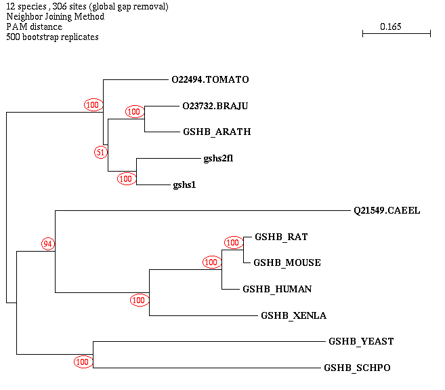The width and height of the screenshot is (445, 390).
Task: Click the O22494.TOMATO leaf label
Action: pyautogui.click(x=210, y=79)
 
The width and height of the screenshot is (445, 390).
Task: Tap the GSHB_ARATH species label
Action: pyautogui.click(x=217, y=132)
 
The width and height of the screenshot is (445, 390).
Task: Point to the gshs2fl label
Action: pyautogui.click(x=218, y=158)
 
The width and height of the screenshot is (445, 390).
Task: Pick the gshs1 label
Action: pyautogui.click(x=184, y=184)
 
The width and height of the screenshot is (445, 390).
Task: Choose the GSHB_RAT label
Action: pyautogui.click(x=281, y=237)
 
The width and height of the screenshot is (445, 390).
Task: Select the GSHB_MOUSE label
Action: pyautogui.click(x=287, y=262)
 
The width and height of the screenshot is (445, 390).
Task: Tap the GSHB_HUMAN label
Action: pyautogui.click(x=277, y=289)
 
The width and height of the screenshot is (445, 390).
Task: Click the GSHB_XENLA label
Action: pyautogui.click(x=293, y=315)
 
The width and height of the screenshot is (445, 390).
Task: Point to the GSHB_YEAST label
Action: pyautogui.click(x=361, y=341)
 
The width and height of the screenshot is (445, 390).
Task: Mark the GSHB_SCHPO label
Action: pyautogui.click(x=357, y=368)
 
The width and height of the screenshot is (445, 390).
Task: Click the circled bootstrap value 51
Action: pyautogui.click(x=101, y=152)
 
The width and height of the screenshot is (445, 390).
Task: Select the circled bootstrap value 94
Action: pyautogui.click(x=48, y=243)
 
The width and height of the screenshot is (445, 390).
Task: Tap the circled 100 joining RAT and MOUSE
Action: pyautogui.click(x=233, y=242)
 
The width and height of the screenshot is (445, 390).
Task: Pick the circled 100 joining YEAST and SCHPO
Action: pyautogui.click(x=83, y=362)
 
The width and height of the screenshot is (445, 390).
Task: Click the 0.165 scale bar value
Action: pyautogui.click(x=391, y=26)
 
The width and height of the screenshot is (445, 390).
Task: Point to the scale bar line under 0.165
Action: pyautogui.click(x=396, y=33)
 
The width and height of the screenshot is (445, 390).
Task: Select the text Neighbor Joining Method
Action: pyautogui.click(x=55, y=16)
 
